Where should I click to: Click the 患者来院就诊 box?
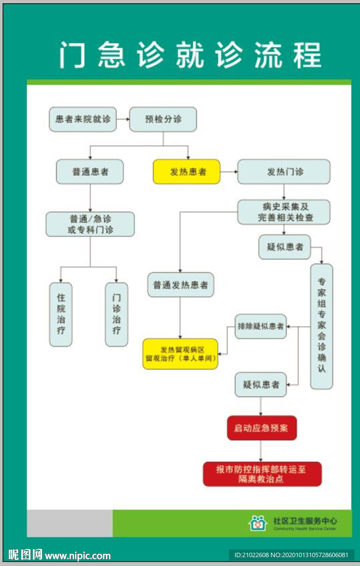tap(82, 119)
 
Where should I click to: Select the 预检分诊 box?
tap(163, 119)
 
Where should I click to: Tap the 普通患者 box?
tap(90, 172)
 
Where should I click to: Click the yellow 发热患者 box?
tap(186, 172)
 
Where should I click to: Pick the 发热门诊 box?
tap(284, 172)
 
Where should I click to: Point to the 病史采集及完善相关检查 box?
tap(284, 212)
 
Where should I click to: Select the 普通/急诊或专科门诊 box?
tap(90, 224)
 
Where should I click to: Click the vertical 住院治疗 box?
tap(60, 315)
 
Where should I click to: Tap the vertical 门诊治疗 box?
tap(116, 315)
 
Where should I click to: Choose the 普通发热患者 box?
tap(180, 285)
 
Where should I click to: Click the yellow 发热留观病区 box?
tap(180, 354)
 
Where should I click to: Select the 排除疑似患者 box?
tap(260, 327)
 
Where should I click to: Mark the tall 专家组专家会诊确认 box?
tap(321, 326)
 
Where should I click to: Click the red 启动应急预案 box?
tap(262, 428)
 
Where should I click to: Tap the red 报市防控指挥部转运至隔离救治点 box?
tap(262, 474)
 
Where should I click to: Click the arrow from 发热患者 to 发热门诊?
tap(229, 172)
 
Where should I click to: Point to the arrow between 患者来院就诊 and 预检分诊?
tap(123, 119)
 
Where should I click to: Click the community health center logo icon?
tap(257, 523)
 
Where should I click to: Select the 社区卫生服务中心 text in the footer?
tap(305, 521)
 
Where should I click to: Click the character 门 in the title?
tap(73, 56)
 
